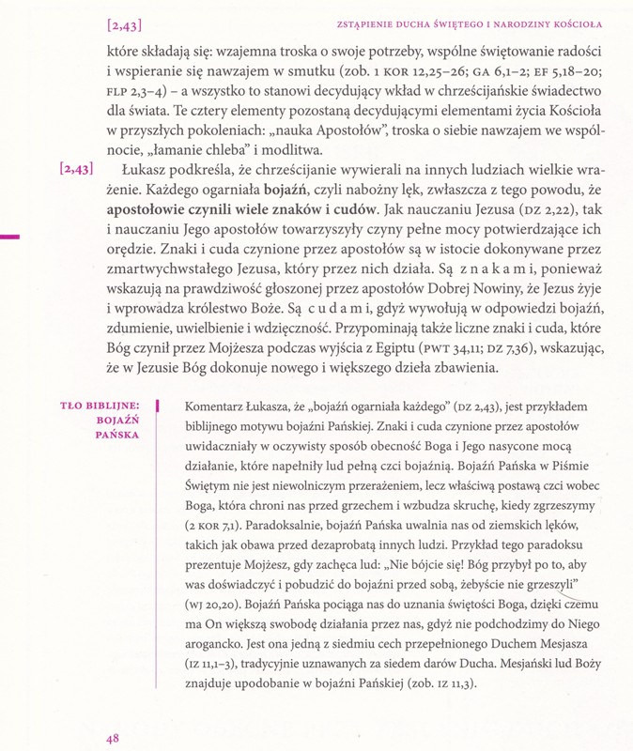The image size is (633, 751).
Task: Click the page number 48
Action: [113, 739]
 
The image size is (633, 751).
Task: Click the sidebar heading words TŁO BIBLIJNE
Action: [100, 406]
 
